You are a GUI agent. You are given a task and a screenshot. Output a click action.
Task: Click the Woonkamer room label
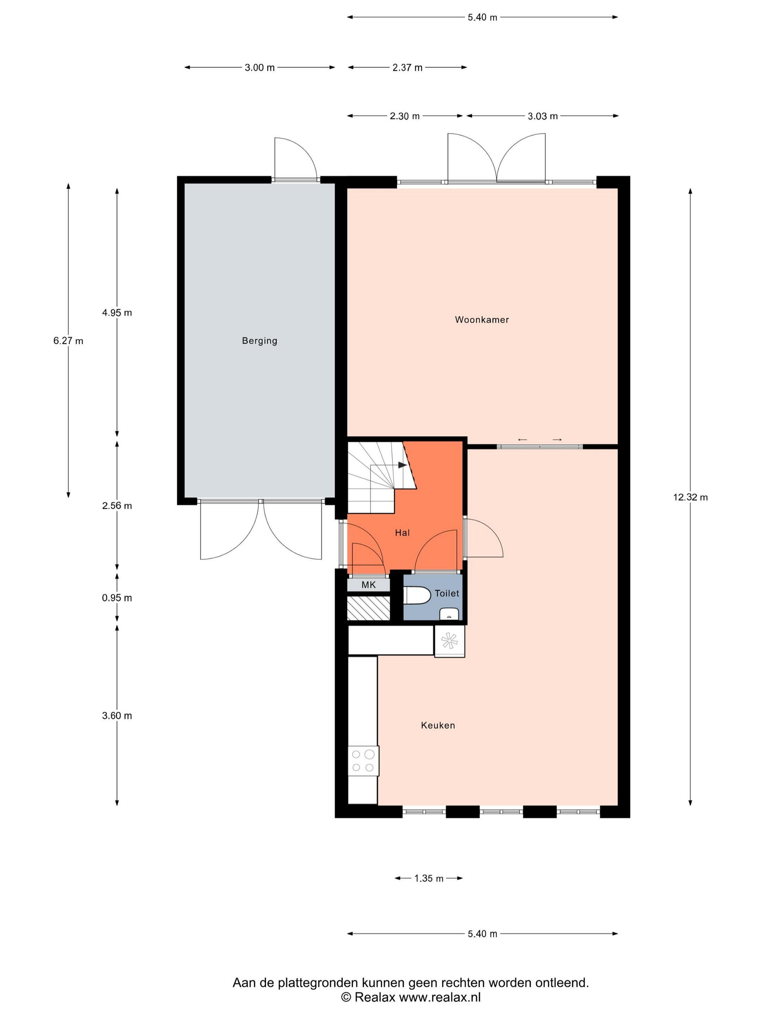(x=482, y=320)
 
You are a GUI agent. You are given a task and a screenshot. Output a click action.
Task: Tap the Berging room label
(x=260, y=341)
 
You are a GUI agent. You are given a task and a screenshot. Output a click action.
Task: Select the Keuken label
(x=438, y=725)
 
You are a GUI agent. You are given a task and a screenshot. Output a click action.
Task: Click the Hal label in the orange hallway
(x=402, y=533)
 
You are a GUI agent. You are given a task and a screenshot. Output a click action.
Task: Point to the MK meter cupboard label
(x=368, y=585)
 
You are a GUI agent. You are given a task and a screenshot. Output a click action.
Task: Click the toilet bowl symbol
(x=417, y=596)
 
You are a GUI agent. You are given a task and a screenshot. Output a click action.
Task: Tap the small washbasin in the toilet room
(x=450, y=614)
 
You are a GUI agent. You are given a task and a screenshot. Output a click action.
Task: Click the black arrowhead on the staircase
(x=402, y=465)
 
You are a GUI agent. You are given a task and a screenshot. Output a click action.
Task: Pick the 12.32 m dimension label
(x=690, y=497)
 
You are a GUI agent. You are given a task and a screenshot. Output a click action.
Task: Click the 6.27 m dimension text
(x=68, y=341)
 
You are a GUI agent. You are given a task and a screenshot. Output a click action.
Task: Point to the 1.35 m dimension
(x=429, y=878)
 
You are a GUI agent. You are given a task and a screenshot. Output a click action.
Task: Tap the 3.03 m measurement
(x=543, y=116)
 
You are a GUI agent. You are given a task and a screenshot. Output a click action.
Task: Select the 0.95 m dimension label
(x=117, y=598)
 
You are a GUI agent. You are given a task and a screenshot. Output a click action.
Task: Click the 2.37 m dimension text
(x=407, y=67)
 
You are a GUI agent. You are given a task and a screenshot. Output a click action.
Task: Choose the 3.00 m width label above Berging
(x=260, y=67)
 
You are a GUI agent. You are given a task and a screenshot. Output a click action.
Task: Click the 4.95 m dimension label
(x=117, y=313)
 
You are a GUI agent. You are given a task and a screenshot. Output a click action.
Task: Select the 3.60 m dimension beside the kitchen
(x=117, y=715)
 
